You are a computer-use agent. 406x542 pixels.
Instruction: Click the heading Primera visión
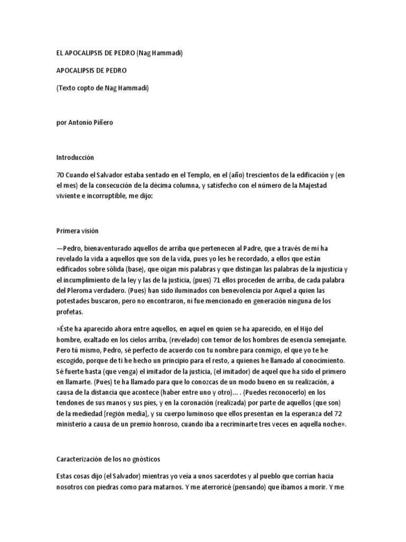coord(77,231)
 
